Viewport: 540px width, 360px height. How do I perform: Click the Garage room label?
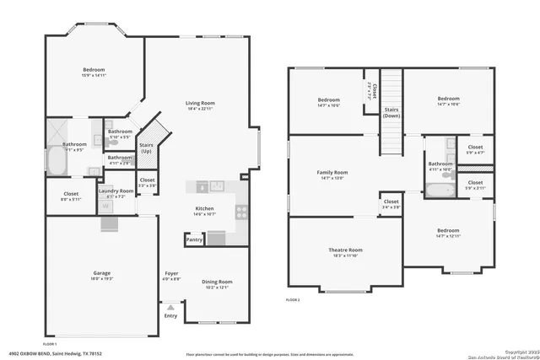coord(101,273)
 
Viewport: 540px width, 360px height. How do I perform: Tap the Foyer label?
coord(171,275)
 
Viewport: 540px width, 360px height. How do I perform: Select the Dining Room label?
coord(217,282)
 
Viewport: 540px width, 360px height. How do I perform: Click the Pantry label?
coord(194,239)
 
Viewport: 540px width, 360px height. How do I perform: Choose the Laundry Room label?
coord(116,191)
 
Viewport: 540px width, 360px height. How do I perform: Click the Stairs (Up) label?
coord(146,148)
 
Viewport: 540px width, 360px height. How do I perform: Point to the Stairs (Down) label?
coord(391,112)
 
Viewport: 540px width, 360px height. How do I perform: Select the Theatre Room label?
coord(345,250)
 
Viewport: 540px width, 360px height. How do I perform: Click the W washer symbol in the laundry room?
coord(107,204)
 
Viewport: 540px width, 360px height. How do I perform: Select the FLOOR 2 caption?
coord(292,300)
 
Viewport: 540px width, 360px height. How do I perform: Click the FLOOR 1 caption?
coord(50,344)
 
